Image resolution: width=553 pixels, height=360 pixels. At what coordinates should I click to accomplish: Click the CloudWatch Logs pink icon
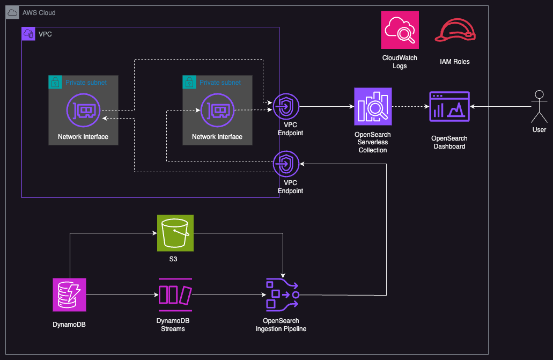(x=400, y=30)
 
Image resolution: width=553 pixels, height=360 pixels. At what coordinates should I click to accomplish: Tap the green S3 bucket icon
(x=175, y=233)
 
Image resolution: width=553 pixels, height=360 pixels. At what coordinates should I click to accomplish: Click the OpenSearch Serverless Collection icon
(x=373, y=106)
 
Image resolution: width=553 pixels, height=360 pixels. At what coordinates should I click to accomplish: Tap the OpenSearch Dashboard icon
(x=449, y=106)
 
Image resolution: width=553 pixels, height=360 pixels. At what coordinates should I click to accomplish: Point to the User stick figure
(x=539, y=106)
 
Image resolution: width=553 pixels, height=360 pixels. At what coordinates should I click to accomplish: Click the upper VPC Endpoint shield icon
(x=286, y=106)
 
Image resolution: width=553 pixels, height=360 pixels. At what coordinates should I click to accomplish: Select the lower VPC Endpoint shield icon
(x=286, y=164)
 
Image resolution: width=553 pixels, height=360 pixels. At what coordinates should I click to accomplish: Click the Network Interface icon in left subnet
(x=83, y=110)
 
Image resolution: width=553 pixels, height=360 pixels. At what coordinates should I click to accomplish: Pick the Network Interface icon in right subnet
(x=217, y=110)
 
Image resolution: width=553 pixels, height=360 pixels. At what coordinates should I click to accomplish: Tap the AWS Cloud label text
(x=39, y=12)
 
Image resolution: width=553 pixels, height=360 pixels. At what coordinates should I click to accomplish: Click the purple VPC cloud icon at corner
(x=28, y=34)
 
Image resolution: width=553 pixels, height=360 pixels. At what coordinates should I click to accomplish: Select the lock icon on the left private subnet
(x=55, y=82)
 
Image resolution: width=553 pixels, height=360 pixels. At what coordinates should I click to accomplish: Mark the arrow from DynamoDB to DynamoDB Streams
(x=121, y=295)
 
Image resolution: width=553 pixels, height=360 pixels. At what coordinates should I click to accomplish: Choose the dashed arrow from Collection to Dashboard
(x=410, y=106)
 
